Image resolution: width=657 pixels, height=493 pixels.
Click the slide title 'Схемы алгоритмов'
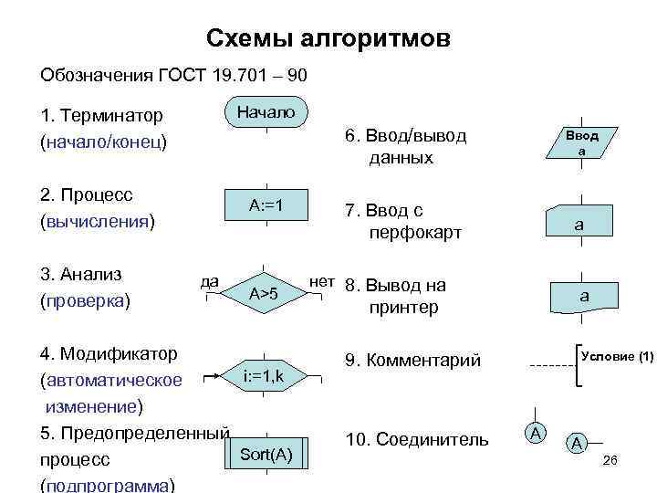[328, 38]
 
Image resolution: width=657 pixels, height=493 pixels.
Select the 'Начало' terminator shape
[266, 112]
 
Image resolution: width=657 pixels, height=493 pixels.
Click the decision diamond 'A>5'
[265, 293]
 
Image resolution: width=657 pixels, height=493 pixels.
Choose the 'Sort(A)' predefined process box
[266, 454]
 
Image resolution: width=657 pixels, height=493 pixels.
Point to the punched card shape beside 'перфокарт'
[579, 222]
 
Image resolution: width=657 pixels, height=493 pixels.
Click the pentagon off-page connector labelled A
[577, 444]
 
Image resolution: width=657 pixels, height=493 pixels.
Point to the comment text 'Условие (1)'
[617, 355]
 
